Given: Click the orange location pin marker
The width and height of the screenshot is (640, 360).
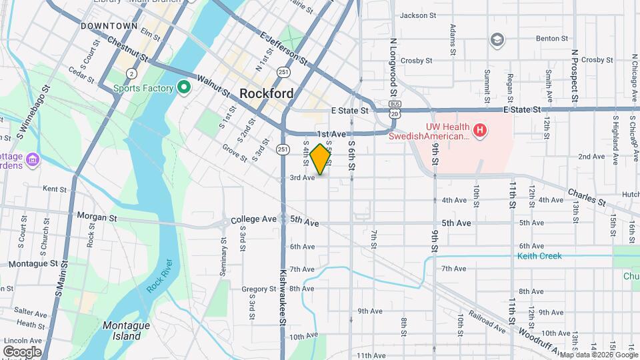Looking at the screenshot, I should pyautogui.click(x=321, y=159).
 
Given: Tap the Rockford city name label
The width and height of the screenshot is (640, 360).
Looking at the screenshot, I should pyautogui.click(x=266, y=94).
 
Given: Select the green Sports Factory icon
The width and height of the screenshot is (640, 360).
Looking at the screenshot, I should pyautogui.click(x=184, y=87).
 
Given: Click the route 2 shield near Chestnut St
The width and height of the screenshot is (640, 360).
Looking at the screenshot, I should pyautogui.click(x=132, y=73).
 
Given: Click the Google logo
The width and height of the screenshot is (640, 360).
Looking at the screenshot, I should pyautogui.click(x=22, y=351).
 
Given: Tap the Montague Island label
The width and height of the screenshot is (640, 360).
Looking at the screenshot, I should pyautogui.click(x=121, y=331).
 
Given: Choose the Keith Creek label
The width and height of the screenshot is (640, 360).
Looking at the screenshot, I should pyautogui.click(x=539, y=256).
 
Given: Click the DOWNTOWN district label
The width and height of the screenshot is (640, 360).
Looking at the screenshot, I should pyautogui.click(x=109, y=26).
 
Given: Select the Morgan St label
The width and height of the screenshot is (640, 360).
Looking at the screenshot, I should pyautogui.click(x=97, y=217).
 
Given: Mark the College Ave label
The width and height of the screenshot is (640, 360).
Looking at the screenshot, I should pyautogui.click(x=253, y=219).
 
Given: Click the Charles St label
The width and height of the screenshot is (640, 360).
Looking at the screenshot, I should pyautogui.click(x=587, y=198).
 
